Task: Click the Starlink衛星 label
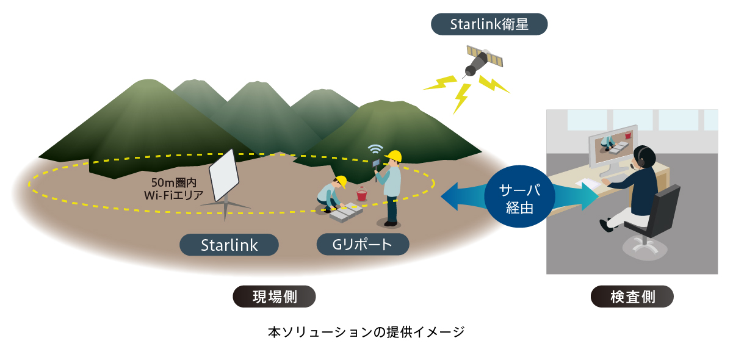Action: (x=489, y=24)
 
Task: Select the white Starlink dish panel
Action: (x=224, y=175)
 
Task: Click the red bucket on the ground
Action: (x=361, y=194)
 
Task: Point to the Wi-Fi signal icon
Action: (x=375, y=149)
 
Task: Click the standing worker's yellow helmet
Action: (x=394, y=156)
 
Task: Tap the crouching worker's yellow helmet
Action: (x=341, y=181)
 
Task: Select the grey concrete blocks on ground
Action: (x=346, y=212)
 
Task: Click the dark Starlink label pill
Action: (x=229, y=245)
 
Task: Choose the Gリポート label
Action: (x=363, y=245)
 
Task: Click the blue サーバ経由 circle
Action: (x=519, y=196)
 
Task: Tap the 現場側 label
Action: (x=274, y=297)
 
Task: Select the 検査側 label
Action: (x=632, y=297)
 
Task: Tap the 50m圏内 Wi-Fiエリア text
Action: (x=173, y=189)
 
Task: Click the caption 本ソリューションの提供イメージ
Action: (x=366, y=332)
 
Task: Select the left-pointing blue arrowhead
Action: (x=450, y=196)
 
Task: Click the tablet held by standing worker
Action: (x=376, y=163)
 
